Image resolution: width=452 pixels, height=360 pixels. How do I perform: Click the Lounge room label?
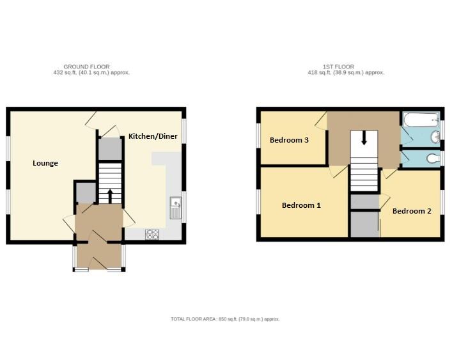45,163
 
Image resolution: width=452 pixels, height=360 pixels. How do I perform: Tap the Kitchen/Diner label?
153,136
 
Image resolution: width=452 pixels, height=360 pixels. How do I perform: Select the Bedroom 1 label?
301,205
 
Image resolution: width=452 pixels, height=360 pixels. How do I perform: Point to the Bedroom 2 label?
412,211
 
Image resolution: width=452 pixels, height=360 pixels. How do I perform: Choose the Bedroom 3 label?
289,140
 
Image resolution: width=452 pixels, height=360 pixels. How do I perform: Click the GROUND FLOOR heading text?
86,67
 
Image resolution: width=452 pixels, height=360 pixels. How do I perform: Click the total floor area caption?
225,319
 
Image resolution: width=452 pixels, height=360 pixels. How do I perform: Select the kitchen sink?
176,208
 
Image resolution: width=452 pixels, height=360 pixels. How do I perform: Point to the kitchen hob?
152,234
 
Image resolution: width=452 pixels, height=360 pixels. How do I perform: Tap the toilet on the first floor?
432,158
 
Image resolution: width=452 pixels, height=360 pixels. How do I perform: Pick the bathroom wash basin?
435,136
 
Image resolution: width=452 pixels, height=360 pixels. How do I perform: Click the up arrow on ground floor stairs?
109,194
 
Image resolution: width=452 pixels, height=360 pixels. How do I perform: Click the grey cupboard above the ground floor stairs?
109,148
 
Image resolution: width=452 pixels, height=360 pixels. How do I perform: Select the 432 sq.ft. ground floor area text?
91,73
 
